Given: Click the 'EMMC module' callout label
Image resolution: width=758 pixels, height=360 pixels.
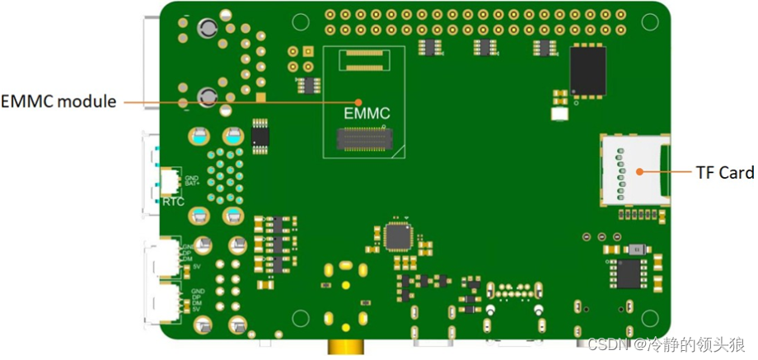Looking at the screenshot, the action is coord(58,101).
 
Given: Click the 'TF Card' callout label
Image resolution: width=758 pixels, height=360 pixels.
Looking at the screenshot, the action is coord(724,172).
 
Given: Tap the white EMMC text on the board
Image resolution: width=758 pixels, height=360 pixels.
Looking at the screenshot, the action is coord(366,113).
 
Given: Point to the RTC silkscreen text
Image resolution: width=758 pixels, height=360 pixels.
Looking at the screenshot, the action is coord(173,201).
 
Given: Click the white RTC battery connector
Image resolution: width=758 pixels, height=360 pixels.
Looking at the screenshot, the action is coord(170,180).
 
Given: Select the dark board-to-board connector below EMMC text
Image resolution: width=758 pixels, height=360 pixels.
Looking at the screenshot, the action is coord(364,141).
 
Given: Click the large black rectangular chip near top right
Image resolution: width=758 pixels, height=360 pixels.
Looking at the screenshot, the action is coord(587,69).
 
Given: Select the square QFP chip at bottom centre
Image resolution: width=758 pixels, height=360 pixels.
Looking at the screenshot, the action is coord(399,236).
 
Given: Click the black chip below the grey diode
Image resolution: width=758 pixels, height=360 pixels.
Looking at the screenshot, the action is coord(630,274).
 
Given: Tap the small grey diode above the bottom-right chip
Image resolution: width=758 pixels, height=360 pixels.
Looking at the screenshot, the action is coord(635,249).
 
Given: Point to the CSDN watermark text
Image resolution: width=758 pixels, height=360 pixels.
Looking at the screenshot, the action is coord(667,343).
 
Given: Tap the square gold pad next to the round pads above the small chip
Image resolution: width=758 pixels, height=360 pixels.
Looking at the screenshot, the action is coord(306,51).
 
